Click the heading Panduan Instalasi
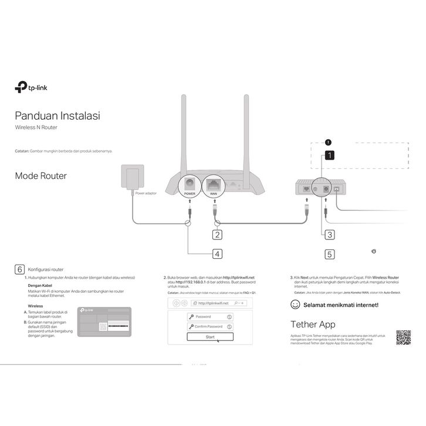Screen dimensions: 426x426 click(x=57, y=116)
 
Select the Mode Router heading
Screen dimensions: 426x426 click(x=40, y=175)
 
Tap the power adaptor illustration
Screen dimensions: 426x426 click(x=130, y=178)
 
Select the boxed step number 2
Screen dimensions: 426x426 click(x=217, y=235)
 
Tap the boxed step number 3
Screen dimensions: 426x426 click(x=330, y=234)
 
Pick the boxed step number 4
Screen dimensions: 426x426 click(x=217, y=254)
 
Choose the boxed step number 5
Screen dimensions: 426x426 click(x=330, y=254)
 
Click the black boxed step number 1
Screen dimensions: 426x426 click(x=330, y=155)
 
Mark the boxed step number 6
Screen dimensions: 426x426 click(x=19, y=269)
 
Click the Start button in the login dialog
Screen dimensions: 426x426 click(x=210, y=337)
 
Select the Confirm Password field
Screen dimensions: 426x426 click(x=210, y=326)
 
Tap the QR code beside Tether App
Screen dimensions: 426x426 click(x=403, y=337)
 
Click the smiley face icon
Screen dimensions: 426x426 click(x=296, y=305)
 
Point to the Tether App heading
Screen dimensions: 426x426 click(x=313, y=324)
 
